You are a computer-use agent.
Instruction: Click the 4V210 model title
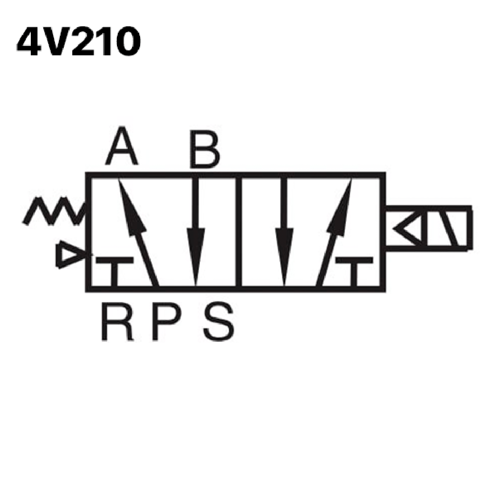pyautogui.click(x=79, y=41)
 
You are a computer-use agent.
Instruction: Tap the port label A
pyautogui.click(x=122, y=145)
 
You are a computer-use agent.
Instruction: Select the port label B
pyautogui.click(x=205, y=149)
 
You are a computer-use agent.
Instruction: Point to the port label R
pyautogui.click(x=117, y=321)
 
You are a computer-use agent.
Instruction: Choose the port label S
pyautogui.click(x=219, y=321)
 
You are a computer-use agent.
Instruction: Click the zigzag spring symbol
pyautogui.click(x=54, y=211)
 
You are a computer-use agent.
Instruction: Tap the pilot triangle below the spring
pyautogui.click(x=72, y=254)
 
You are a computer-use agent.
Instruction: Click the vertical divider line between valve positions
pyautogui.click(x=239, y=232)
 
